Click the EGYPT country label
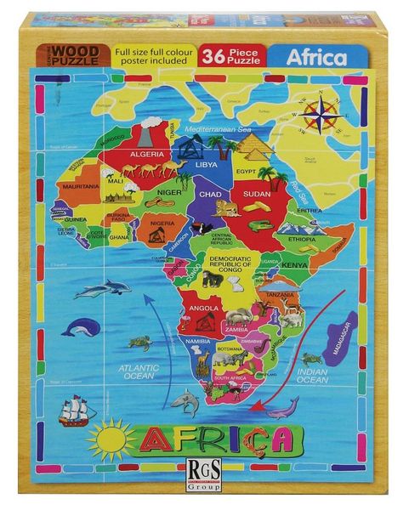[x=246, y=171]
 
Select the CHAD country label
[x=211, y=193]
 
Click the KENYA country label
[x=293, y=265]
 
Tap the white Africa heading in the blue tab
[x=315, y=59]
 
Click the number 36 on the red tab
[x=213, y=56]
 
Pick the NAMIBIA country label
[x=197, y=342]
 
